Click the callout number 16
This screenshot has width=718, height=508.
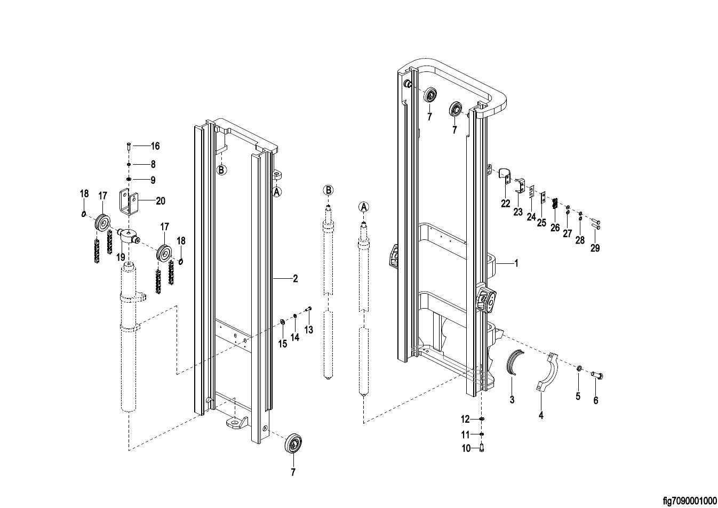pos(155,146)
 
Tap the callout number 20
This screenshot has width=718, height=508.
pos(160,201)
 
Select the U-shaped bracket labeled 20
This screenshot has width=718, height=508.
pos(130,204)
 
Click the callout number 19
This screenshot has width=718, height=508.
pos(121,257)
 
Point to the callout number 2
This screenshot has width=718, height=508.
pos(295,279)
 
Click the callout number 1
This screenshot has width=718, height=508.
pos(516,263)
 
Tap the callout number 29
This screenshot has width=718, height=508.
pos(595,248)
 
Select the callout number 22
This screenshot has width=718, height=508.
pos(506,204)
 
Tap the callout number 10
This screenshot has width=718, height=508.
pos(466,448)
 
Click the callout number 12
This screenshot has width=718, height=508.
pos(465,419)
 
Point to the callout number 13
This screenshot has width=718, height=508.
pos(309,329)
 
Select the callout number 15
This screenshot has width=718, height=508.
pos(282,344)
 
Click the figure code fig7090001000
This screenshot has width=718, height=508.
pos(690,501)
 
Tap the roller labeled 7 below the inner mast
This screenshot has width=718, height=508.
pos(293,444)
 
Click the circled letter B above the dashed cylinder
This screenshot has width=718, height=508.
pos(328,190)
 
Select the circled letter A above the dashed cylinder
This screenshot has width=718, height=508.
pos(363,207)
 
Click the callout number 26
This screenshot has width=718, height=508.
pos(555,228)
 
